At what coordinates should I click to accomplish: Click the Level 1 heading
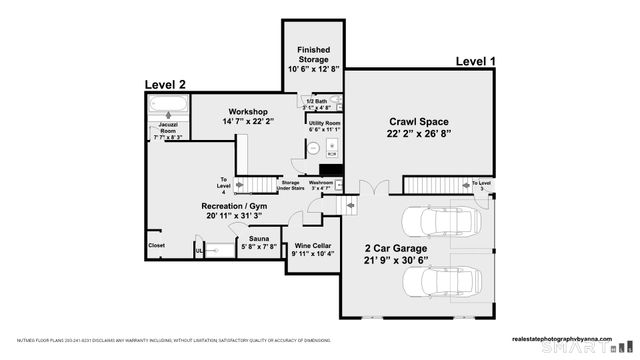click(475, 62)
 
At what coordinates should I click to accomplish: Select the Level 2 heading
click(165, 85)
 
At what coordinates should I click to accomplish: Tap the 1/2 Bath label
click(318, 101)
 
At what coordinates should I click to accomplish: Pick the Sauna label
click(259, 240)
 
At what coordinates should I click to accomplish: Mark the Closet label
click(157, 245)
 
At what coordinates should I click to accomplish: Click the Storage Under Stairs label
click(290, 186)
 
